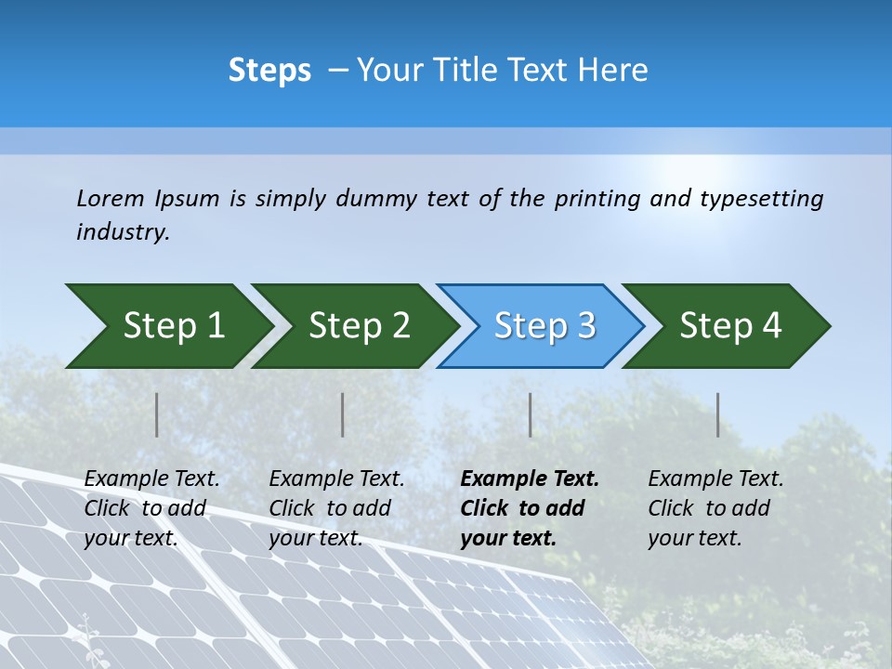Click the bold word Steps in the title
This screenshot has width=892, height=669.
click(x=269, y=71)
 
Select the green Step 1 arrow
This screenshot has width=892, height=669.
click(x=167, y=326)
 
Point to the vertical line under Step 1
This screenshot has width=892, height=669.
click(x=157, y=414)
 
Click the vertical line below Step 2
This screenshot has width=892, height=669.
click(x=343, y=414)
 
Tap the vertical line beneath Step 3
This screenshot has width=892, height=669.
click(x=530, y=414)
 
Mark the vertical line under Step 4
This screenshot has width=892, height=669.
click(x=718, y=414)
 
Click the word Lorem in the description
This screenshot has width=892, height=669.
click(x=111, y=199)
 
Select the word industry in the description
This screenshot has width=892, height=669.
click(x=123, y=232)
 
